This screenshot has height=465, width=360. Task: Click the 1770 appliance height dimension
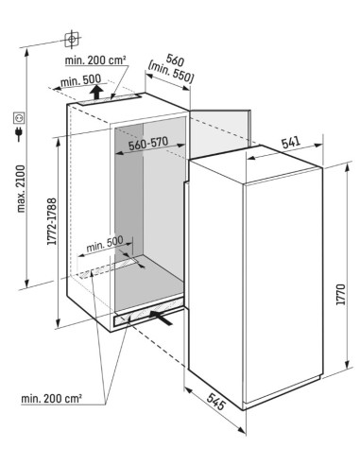341,294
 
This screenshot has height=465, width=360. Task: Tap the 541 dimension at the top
291,143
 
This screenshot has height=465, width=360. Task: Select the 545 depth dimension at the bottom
216,401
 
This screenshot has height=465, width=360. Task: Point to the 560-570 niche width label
148,144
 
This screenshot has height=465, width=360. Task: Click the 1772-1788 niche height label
51,221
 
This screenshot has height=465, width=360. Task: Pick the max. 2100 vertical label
21,189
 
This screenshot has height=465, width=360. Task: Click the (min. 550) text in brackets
170,72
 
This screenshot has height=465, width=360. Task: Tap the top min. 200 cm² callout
95,60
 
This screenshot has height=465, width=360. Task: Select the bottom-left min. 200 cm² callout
51,398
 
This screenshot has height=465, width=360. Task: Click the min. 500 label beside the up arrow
80,81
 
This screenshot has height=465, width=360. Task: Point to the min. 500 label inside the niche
105,243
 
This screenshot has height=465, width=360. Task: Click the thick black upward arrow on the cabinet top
96,92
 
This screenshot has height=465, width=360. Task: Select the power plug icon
19,133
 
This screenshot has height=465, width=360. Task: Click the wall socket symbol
19,118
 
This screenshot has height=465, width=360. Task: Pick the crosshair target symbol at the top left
72,40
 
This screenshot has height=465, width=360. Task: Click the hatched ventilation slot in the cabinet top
110,99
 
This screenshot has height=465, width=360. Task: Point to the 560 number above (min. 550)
176,60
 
